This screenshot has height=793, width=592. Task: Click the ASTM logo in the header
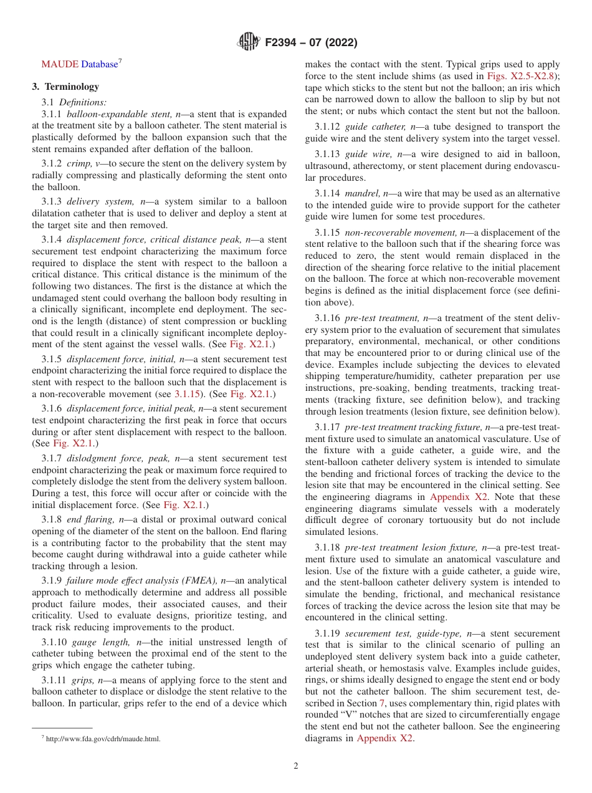pos(249,42)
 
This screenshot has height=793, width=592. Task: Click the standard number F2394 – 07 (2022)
pos(311,43)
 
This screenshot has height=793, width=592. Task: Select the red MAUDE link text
pos(60,64)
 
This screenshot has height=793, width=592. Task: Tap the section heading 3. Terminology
pos(65,87)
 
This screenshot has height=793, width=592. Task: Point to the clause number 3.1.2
pos(52,163)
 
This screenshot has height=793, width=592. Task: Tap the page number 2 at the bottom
pos(296,766)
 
